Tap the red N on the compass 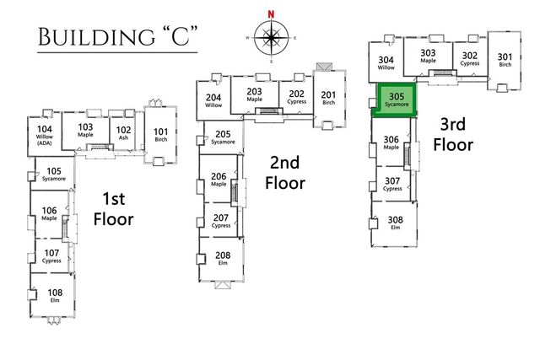[x=272, y=13]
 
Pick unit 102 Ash [x=122, y=132]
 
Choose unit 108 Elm [x=54, y=295]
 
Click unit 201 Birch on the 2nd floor [x=328, y=99]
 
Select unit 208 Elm [x=222, y=258]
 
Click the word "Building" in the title [x=81, y=39]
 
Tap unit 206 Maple [x=219, y=180]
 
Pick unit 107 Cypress [x=51, y=255]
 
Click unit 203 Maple [x=254, y=95]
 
